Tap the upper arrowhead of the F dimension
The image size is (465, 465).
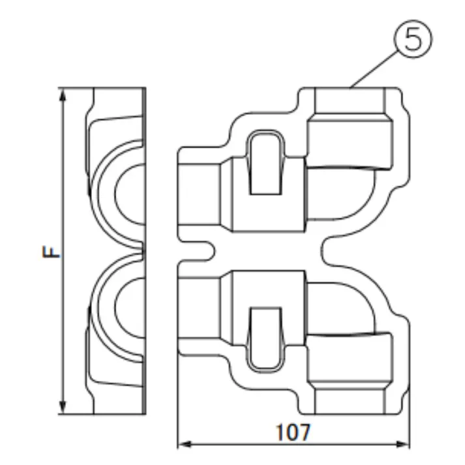tap(63, 95)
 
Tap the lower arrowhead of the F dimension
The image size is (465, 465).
tap(63, 407)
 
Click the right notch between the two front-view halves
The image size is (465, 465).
tap(329, 250)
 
